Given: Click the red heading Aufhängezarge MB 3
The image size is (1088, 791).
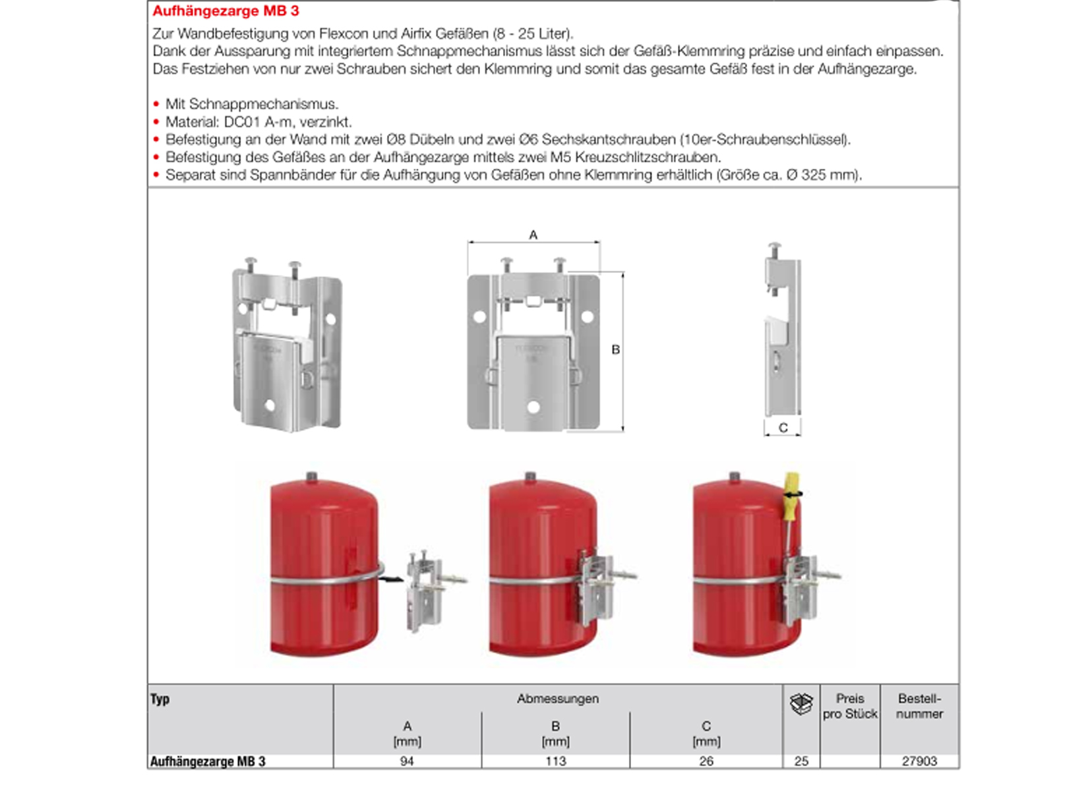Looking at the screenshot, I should pos(226,11).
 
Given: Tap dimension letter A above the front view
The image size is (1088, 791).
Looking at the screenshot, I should pos(533,235).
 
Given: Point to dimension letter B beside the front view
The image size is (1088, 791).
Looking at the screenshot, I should pos(615,350).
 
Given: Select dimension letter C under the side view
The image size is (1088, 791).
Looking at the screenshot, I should pos(783,428).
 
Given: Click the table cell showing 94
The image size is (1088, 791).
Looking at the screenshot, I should pos(407,761).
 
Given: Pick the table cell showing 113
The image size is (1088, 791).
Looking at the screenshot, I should pos(555,761).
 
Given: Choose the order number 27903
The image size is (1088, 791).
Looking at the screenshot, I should pos(919,761).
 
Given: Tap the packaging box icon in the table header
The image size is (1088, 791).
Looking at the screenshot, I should pos(801,705).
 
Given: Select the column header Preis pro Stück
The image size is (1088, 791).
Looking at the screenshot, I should pos(850,706).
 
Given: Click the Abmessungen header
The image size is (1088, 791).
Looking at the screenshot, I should pos(557,699).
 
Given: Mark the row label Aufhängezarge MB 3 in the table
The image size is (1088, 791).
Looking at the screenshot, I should pos(208,761).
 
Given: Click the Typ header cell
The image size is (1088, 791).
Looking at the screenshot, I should pos(160,699).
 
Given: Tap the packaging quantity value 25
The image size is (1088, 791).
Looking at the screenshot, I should pos(801,761).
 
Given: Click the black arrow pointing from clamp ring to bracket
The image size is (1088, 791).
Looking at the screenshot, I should pos(394,579).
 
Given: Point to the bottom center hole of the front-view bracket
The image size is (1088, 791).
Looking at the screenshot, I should pos(533,407).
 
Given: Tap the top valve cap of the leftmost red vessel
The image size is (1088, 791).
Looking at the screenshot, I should pos(312,476).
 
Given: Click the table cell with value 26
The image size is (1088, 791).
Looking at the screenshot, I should pos(706,761).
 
